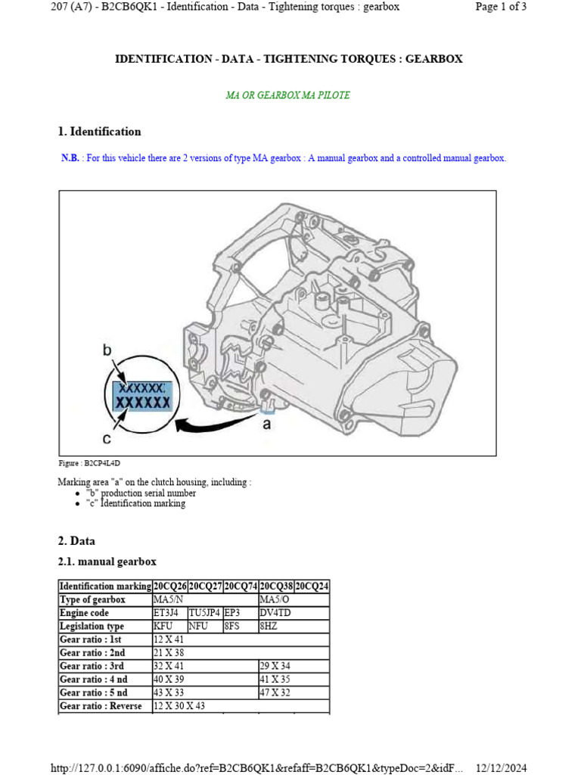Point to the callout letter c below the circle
(107, 438)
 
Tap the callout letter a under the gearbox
(266, 425)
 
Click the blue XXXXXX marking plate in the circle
(142, 396)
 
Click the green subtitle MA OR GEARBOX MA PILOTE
(287, 95)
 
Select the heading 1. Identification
(99, 132)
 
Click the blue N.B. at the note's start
(70, 158)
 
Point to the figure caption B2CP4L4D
(89, 463)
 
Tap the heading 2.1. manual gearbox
(107, 562)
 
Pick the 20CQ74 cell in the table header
(241, 587)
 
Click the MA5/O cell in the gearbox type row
(274, 599)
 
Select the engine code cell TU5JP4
(204, 613)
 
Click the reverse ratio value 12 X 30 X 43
(179, 706)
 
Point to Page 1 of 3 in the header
(500, 7)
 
